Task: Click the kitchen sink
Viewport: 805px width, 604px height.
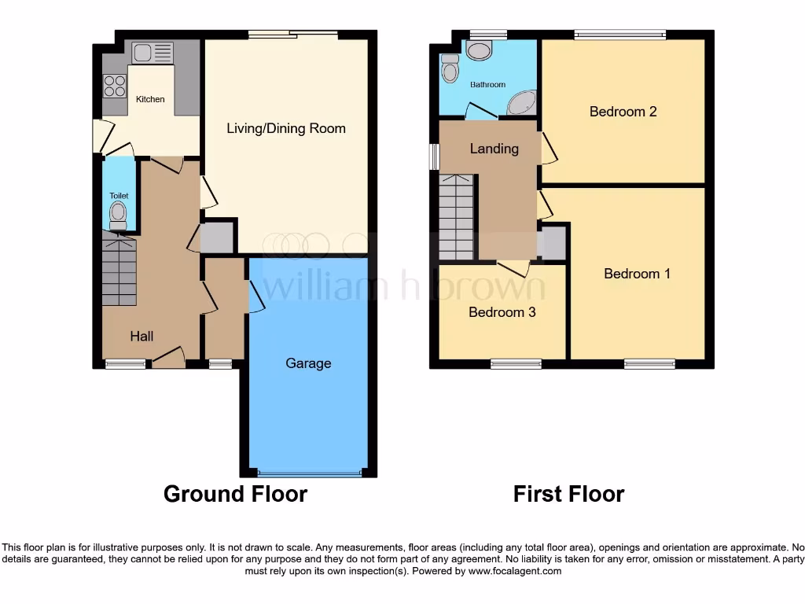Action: coord(153,53)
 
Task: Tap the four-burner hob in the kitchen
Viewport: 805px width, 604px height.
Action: coord(114,85)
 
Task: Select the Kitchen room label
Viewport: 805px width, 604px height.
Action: coord(150,99)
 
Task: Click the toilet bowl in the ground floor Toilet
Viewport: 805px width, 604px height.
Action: coord(118,212)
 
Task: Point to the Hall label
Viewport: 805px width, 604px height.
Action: coord(142,336)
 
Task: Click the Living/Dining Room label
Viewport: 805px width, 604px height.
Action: coord(286,128)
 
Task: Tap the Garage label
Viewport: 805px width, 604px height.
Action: coord(308,363)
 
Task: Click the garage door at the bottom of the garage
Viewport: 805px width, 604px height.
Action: coord(309,473)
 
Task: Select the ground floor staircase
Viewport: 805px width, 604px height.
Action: coord(119,272)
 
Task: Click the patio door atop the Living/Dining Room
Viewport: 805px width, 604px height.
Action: coord(292,34)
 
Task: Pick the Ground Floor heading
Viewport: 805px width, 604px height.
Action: coord(235,494)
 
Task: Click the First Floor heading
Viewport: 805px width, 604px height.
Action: coord(568,494)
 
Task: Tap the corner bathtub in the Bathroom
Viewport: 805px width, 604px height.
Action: coord(521,103)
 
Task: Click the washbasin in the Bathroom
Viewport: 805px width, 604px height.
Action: coord(478,50)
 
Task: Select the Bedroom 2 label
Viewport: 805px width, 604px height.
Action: coord(623,112)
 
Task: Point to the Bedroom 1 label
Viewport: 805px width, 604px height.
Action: coord(637,274)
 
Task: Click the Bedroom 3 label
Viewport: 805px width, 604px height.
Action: coord(502,312)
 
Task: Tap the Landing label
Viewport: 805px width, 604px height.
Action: coord(494,148)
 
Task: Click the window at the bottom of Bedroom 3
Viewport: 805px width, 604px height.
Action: coord(516,363)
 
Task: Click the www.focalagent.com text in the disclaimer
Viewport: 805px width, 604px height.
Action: coord(514,571)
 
